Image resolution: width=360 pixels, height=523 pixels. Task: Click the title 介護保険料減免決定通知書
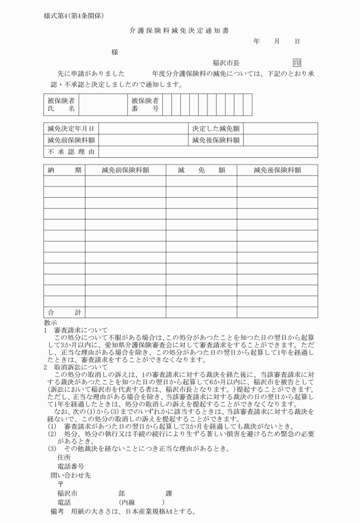click(x=180, y=29)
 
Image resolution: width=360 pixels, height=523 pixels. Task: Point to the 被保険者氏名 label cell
click(x=61, y=105)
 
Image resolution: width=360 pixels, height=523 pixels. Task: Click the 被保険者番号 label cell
click(x=145, y=105)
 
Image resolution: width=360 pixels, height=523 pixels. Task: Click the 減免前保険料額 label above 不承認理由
click(x=71, y=140)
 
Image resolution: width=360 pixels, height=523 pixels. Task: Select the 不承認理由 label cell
click(x=71, y=152)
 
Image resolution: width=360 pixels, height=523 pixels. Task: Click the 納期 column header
click(x=64, y=170)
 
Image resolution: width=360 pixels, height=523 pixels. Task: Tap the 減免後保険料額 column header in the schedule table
click(x=277, y=170)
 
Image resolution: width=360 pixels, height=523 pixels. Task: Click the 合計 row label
click(x=64, y=312)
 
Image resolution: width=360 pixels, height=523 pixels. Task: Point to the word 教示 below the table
click(x=50, y=322)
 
